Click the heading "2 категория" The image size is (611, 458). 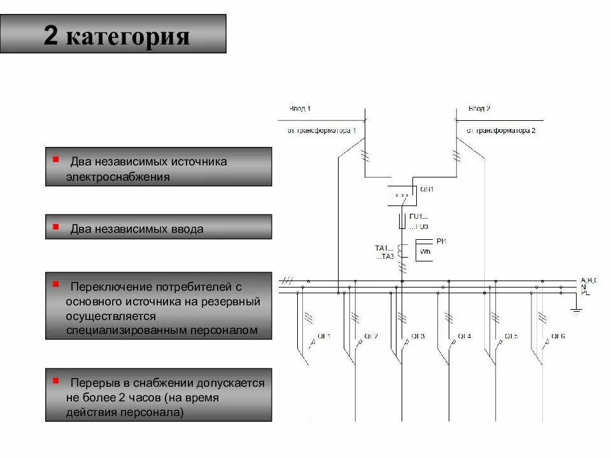tap(116, 35)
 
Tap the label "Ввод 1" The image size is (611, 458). tap(300, 109)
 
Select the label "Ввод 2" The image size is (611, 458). tap(479, 109)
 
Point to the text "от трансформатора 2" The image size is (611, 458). tap(501, 130)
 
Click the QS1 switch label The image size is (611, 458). tap(426, 189)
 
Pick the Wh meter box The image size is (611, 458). tap(425, 252)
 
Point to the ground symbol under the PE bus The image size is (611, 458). tap(576, 310)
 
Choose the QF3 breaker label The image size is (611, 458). tap(418, 336)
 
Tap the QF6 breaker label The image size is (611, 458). tap(558, 336)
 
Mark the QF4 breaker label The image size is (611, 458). tap(464, 336)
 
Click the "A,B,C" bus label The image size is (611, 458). tap(588, 280)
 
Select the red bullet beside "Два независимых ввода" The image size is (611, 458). tap(56, 226)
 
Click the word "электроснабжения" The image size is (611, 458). tap(118, 177)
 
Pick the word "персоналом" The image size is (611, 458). tap(228, 330)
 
